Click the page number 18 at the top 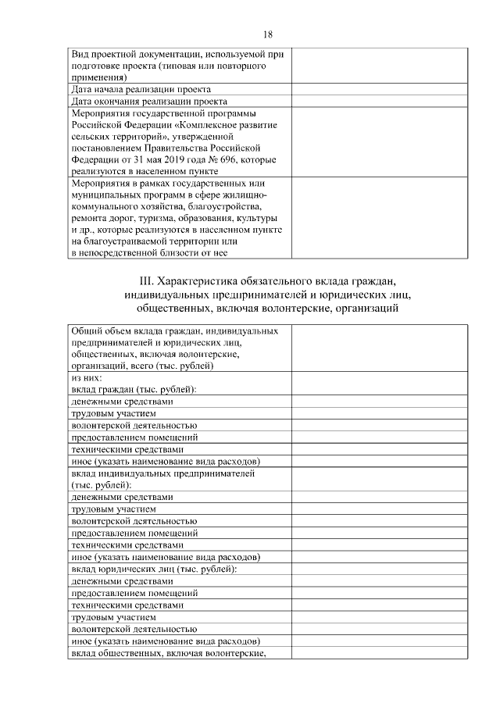coord(268,35)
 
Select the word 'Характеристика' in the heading coord(198,280)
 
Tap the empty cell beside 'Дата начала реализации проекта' coord(380,90)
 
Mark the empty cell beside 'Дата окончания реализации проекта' coord(380,101)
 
